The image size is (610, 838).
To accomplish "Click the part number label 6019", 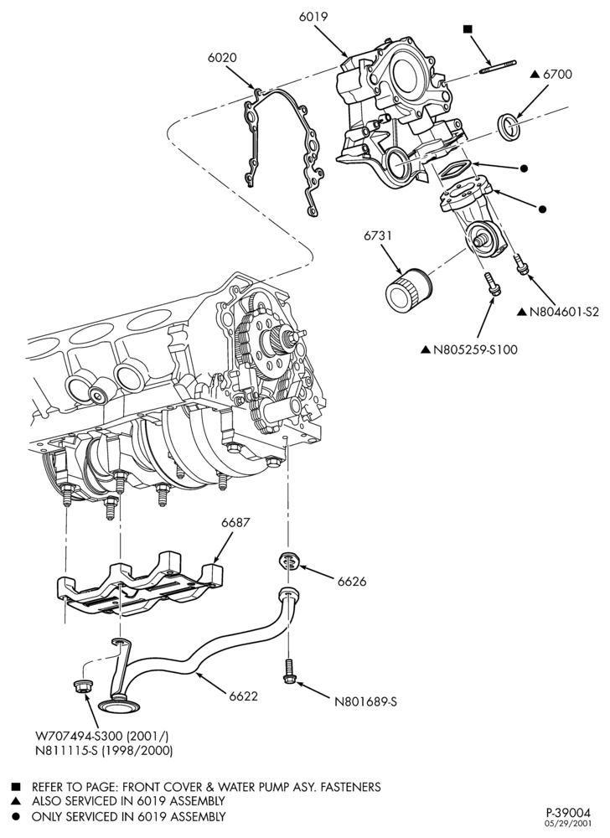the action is tap(313, 17).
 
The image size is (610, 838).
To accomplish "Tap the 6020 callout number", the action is tap(222, 58).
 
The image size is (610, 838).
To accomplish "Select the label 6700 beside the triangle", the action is tap(557, 75).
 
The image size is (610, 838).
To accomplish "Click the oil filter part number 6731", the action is tap(378, 235).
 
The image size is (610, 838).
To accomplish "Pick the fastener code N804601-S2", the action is tap(564, 312).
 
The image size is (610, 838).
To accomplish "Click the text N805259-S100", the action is tap(475, 350).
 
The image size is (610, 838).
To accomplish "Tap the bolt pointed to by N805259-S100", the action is tap(493, 283).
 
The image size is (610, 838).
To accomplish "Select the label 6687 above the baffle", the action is tap(236, 522).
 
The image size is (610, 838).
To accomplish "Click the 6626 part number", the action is tap(352, 582).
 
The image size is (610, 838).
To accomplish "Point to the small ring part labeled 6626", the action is tap(291, 561).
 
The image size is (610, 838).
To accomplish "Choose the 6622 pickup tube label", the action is tap(244, 696).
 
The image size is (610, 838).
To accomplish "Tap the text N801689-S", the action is tap(365, 701).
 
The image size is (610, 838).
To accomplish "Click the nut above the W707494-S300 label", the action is tap(80, 685).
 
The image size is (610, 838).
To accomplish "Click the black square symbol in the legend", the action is tap(16, 787).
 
